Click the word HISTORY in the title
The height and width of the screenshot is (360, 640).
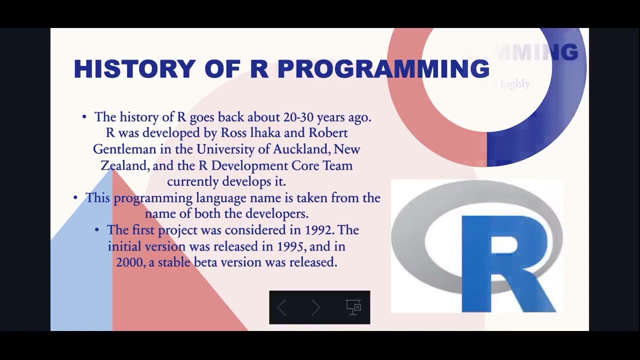(x=134, y=69)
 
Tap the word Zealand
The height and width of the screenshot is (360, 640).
(x=124, y=166)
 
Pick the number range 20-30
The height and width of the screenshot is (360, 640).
(x=298, y=117)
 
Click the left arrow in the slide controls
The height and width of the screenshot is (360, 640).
(x=281, y=307)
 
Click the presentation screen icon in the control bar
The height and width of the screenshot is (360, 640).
(x=353, y=307)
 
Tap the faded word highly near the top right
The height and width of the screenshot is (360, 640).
(x=514, y=83)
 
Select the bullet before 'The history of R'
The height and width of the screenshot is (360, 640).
(x=84, y=117)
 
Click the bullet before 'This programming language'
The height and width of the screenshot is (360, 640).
(x=75, y=198)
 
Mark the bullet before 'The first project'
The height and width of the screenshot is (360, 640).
(x=97, y=230)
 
